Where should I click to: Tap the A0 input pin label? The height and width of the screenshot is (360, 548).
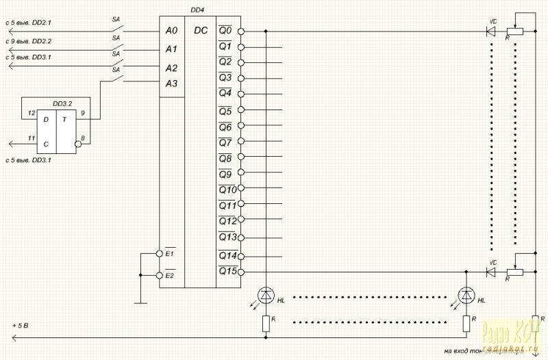(x=171, y=31)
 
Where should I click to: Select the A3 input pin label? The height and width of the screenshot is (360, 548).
(x=171, y=83)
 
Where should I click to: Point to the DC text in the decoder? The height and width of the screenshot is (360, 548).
(x=201, y=31)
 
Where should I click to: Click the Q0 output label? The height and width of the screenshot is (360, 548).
(x=225, y=31)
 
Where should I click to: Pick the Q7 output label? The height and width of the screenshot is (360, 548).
(x=225, y=142)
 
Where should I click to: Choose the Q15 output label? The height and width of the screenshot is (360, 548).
(x=227, y=271)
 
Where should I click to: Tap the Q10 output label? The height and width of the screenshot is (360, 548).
(x=227, y=190)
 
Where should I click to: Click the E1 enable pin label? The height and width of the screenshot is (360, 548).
(x=171, y=253)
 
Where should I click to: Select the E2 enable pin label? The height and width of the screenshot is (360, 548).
(x=171, y=275)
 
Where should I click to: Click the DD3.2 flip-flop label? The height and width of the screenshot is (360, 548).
(x=63, y=103)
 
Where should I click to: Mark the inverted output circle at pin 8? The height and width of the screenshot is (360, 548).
(x=78, y=144)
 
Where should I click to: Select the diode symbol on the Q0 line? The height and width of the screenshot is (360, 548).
(x=490, y=31)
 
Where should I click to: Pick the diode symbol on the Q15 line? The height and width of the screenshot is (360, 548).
(x=490, y=272)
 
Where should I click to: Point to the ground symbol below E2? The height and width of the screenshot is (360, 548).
(x=140, y=302)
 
